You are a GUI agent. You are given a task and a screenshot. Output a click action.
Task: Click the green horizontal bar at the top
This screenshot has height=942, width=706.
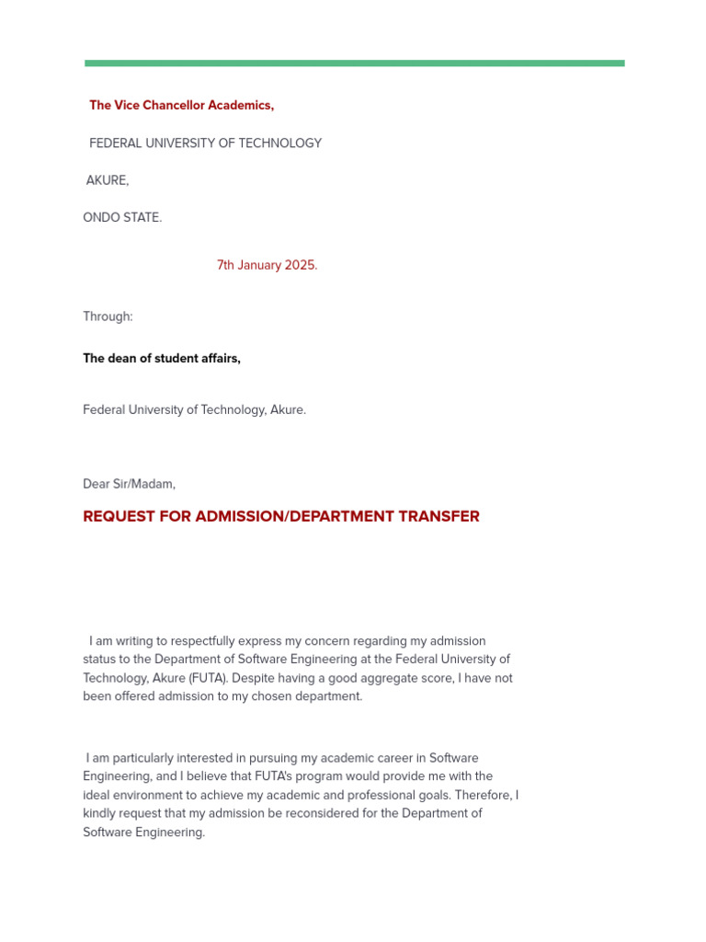pos(354,63)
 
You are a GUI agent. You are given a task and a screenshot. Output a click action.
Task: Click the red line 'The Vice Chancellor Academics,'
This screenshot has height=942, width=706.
pos(181,106)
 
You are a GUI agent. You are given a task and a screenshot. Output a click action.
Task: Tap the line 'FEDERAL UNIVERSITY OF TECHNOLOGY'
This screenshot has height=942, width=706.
pos(205,144)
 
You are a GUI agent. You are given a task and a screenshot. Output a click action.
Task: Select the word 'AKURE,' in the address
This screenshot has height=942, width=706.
pos(108,181)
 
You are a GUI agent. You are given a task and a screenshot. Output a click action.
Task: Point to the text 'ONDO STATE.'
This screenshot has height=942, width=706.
pos(122,218)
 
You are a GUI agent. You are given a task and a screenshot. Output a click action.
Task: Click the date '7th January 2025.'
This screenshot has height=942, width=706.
pos(267,266)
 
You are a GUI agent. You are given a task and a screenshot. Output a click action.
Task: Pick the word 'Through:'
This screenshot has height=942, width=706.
pos(108,316)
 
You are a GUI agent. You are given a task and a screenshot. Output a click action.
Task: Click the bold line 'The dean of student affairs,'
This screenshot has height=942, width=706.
pos(162,359)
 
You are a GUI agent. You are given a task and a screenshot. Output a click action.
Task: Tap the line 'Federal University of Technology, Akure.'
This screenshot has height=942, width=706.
pos(194,410)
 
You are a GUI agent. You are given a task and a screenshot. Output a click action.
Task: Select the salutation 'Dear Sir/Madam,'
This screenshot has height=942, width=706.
pos(129,484)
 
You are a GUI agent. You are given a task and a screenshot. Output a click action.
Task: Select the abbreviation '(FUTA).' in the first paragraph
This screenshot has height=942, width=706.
pos(208,679)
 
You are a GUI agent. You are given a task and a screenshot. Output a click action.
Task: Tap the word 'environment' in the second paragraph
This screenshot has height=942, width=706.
pos(155,796)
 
